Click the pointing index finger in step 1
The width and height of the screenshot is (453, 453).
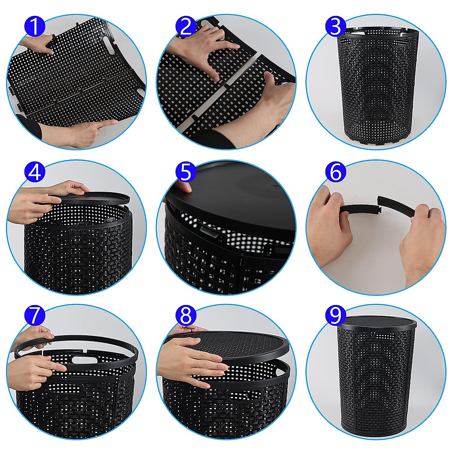pyautogui.click(x=108, y=123)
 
